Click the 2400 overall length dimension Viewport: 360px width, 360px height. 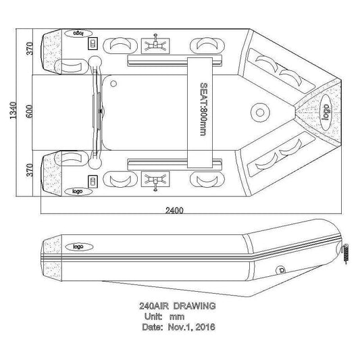[174, 210]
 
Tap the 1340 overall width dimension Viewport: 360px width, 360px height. [14, 111]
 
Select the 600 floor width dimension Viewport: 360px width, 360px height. [29, 111]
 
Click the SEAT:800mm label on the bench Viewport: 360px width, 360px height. [203, 109]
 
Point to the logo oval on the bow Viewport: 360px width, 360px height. [326, 112]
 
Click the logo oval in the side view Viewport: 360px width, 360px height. [79, 247]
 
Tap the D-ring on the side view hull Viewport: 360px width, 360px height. [280, 270]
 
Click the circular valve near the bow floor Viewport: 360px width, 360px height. [260, 113]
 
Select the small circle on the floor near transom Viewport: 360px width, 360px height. [113, 84]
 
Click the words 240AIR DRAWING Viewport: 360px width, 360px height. [177, 306]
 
